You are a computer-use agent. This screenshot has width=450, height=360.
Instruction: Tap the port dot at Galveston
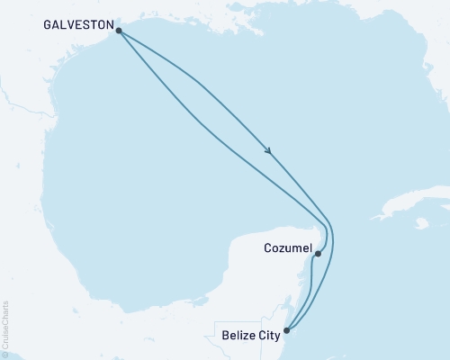[119, 29]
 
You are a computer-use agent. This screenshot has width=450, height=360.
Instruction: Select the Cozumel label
[288, 247]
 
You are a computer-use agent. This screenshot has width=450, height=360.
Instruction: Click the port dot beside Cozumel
[318, 254]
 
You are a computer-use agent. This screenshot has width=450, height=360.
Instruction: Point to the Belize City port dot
[287, 331]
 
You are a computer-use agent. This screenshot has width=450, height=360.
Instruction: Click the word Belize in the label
[238, 338]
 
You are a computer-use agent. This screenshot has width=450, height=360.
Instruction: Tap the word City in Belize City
[267, 338]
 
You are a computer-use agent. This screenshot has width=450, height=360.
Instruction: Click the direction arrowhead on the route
[269, 151]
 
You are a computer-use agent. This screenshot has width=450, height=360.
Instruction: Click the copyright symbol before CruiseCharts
[5, 355]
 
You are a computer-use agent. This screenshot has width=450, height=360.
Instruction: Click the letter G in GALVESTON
[47, 26]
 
